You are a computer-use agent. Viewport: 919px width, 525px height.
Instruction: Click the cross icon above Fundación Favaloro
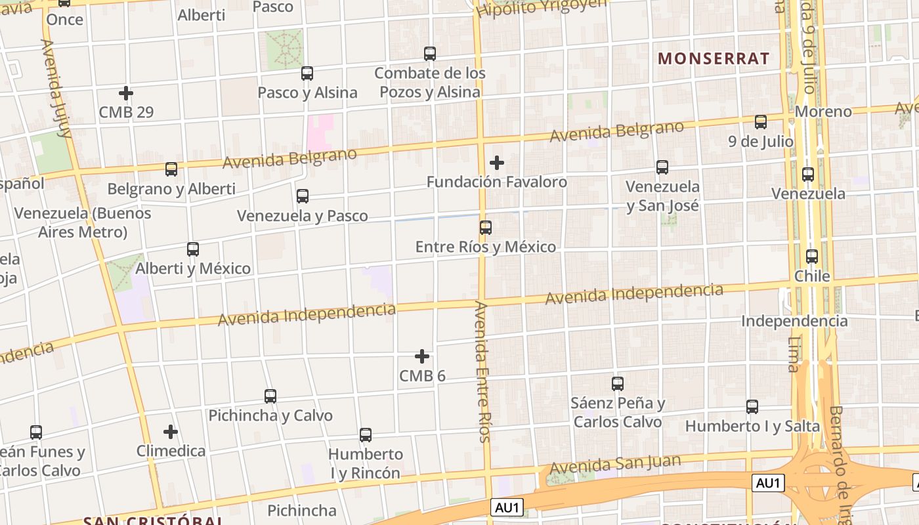(497, 162)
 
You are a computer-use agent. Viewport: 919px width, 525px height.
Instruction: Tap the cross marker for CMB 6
(422, 356)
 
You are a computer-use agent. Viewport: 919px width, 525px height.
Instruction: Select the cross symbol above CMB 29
(126, 93)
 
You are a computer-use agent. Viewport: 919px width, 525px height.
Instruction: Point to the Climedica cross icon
(171, 432)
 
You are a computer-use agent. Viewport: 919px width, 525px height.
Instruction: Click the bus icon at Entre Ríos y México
(486, 228)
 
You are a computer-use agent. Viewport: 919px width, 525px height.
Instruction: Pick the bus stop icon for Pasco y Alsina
(307, 73)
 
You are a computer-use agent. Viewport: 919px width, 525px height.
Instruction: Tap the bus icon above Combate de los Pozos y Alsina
(430, 54)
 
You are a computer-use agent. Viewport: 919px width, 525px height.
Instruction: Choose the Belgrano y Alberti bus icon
(171, 169)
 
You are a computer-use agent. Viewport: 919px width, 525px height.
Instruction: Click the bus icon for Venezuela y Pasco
(303, 196)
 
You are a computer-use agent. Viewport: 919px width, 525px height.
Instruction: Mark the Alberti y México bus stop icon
(193, 249)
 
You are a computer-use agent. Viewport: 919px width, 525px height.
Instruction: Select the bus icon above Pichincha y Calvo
(270, 396)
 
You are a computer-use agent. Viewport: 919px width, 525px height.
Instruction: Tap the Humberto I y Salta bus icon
(752, 407)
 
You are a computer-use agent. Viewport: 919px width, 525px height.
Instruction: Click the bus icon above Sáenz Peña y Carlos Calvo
(618, 384)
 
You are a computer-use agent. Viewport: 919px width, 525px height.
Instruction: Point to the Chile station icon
(812, 257)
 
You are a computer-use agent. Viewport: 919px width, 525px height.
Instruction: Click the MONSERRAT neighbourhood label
(714, 58)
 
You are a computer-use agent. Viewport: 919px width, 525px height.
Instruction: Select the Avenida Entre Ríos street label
(483, 371)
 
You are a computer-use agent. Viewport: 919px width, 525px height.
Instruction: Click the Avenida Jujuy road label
(56, 89)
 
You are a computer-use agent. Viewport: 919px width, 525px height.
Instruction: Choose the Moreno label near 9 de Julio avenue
(823, 112)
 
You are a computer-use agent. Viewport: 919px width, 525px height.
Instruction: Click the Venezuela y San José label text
(662, 196)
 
